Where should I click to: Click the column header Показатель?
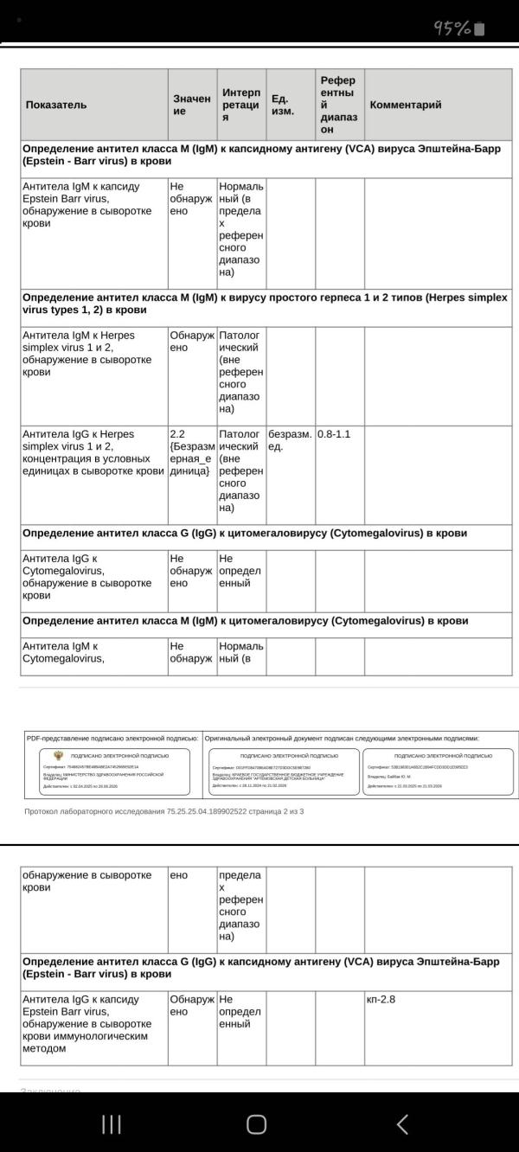(x=56, y=105)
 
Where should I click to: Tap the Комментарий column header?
(x=406, y=105)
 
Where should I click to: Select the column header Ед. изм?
(x=282, y=105)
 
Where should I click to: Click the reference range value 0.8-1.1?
(x=334, y=434)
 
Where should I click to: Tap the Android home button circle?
(x=257, y=1123)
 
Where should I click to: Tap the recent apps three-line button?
(x=112, y=1123)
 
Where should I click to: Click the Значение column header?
(x=191, y=105)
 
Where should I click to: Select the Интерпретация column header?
(x=241, y=105)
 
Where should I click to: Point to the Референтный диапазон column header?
(x=337, y=105)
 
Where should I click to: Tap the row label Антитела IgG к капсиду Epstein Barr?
(x=86, y=1024)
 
